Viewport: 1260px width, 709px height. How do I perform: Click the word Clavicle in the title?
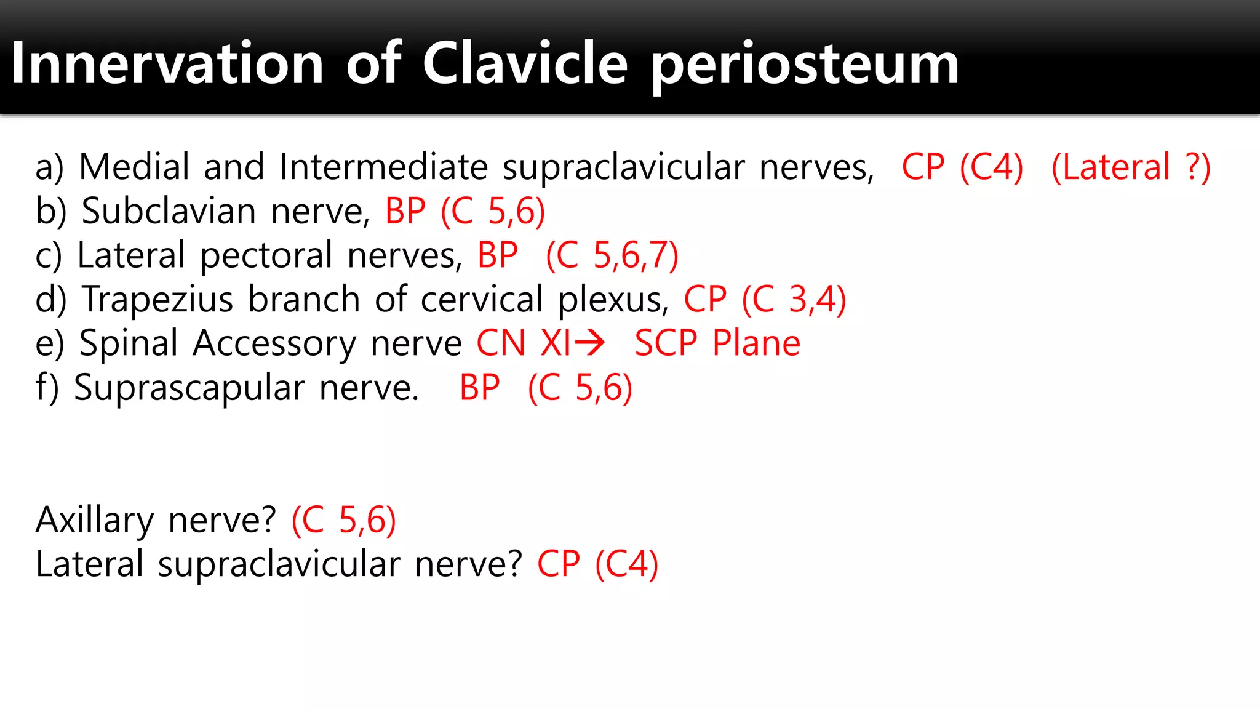[x=525, y=63]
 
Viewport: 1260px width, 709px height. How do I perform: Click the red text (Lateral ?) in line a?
[x=1131, y=167]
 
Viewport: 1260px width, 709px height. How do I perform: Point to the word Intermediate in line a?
[x=383, y=167]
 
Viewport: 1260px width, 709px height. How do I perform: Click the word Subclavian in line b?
[x=169, y=211]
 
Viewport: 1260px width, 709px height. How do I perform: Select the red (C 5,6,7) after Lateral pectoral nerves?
[x=612, y=255]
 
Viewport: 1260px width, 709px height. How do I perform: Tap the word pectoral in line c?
[x=266, y=256]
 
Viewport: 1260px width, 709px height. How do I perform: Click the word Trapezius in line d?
[x=158, y=300]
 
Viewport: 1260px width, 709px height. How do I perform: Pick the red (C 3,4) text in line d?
[x=794, y=300]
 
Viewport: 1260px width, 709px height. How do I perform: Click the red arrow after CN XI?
[x=590, y=343]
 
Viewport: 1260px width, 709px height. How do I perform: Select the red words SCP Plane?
[x=717, y=343]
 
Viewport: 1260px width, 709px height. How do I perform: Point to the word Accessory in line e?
[x=274, y=343]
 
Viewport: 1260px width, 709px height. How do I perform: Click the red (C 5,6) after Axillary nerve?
[x=344, y=520]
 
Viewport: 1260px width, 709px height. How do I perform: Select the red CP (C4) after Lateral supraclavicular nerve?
[x=597, y=564]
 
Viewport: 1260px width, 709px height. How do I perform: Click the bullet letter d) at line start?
[x=50, y=300]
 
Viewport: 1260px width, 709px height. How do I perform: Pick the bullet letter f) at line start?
[x=47, y=388]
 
